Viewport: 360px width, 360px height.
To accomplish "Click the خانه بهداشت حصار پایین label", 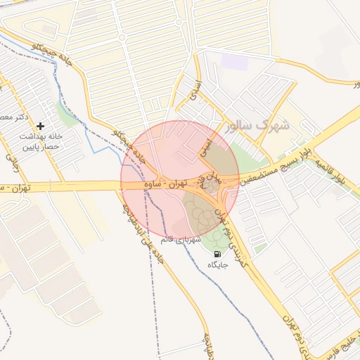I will point(44,141).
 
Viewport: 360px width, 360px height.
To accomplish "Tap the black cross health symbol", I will point(40,125).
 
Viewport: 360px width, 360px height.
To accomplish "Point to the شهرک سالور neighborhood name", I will point(257,127).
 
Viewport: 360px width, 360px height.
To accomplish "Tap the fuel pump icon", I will point(216,254).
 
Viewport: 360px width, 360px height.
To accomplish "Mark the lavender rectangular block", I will point(234,61).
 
